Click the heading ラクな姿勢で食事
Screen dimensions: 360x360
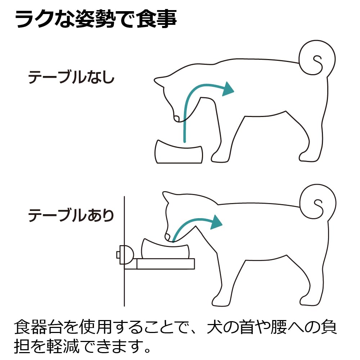coord(96,19)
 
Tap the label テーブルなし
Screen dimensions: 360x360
coord(71,77)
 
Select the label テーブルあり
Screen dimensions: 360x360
coord(71,215)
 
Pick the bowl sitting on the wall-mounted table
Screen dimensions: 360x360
coord(166,249)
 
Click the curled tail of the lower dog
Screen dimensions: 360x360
coord(318,202)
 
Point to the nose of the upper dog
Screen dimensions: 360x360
coord(176,118)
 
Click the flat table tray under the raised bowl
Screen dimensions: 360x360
coord(159,264)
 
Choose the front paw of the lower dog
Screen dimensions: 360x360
coord(220,301)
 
